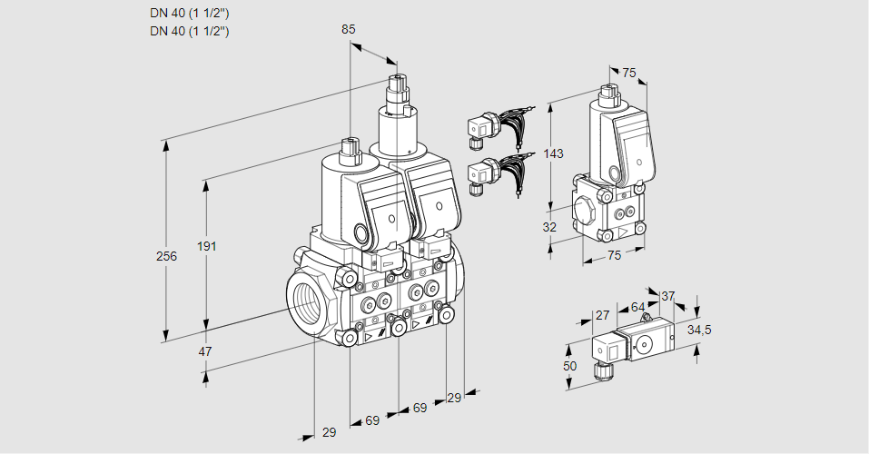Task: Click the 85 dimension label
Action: click(x=349, y=29)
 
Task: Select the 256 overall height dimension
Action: click(x=166, y=256)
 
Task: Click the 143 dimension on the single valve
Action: click(x=554, y=153)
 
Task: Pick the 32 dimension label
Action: click(x=549, y=227)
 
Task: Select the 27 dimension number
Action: click(x=601, y=315)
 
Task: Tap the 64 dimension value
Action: click(x=637, y=308)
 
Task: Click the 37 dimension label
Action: click(x=667, y=296)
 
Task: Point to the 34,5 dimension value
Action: click(x=699, y=330)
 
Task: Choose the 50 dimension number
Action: click(x=569, y=365)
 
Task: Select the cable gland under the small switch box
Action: click(x=599, y=369)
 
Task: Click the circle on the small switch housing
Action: click(x=647, y=344)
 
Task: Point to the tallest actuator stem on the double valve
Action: click(x=397, y=91)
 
